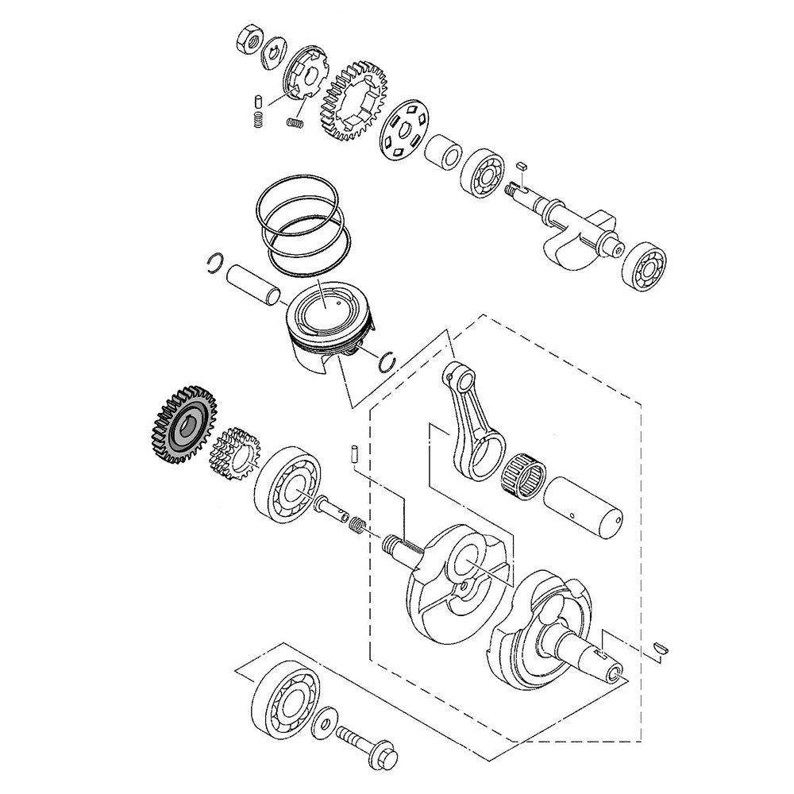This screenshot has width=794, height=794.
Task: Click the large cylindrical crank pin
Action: [584, 507]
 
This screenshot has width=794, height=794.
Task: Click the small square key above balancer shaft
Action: [522, 164]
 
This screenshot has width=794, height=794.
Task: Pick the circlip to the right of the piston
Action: [388, 360]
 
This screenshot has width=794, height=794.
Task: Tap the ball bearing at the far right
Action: [645, 269]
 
